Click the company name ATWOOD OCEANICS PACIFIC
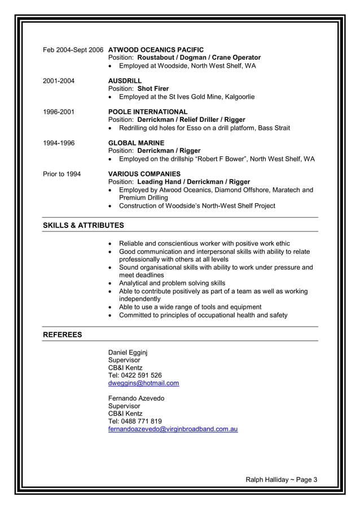tap(156, 50)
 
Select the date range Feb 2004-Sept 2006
tap(73, 50)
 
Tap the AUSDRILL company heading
tap(125, 81)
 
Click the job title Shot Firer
tap(153, 89)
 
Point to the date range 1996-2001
tap(59, 112)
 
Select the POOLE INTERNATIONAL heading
tap(148, 112)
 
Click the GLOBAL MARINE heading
tap(136, 143)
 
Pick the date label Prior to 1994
tap(62, 174)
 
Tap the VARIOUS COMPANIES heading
tap(144, 174)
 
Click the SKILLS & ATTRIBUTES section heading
tap(84, 226)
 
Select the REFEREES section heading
tap(63, 335)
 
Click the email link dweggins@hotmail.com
tap(143, 383)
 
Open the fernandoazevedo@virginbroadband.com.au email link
tap(173, 429)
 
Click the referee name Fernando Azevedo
tap(136, 398)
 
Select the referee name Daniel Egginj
tap(128, 352)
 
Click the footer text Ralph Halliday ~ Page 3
tap(281, 480)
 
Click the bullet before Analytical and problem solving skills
tap(111, 283)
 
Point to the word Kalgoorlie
tap(239, 96)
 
